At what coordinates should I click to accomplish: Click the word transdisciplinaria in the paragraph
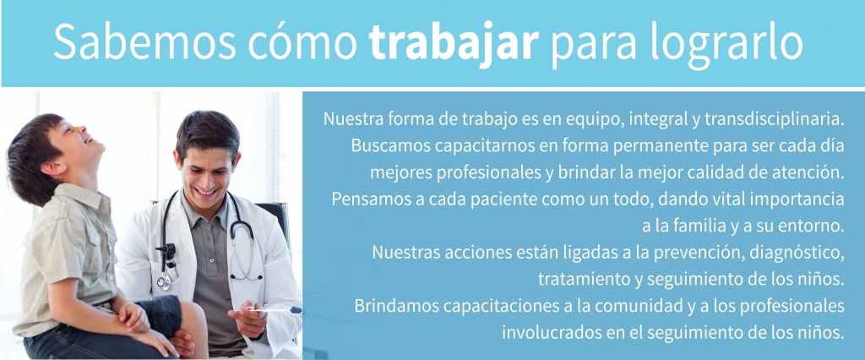pyautogui.click(x=775, y=119)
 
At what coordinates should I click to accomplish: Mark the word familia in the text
pyautogui.click(x=688, y=226)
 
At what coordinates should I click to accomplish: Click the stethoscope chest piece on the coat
pyautogui.click(x=164, y=281)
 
